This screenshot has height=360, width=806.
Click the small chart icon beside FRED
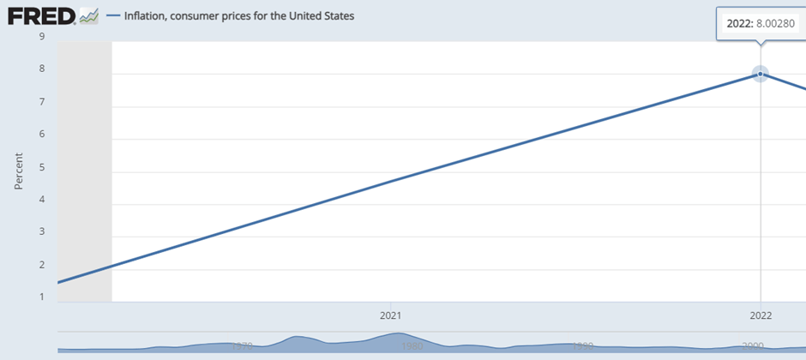pyautogui.click(x=88, y=15)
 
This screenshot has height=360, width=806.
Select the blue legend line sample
pyautogui.click(x=113, y=15)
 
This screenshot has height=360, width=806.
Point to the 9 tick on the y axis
pyautogui.click(x=41, y=37)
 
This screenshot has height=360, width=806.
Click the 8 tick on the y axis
pyautogui.click(x=41, y=69)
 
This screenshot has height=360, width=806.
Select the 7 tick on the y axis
pyautogui.click(x=41, y=102)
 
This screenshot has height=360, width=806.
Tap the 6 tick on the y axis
pyautogui.click(x=41, y=135)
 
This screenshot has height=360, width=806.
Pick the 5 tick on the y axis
pyautogui.click(x=41, y=167)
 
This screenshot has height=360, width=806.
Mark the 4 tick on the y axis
pyautogui.click(x=41, y=200)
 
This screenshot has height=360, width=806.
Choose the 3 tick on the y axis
pyautogui.click(x=41, y=232)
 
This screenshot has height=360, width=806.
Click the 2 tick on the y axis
pyautogui.click(x=41, y=265)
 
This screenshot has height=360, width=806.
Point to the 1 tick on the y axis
pyautogui.click(x=41, y=297)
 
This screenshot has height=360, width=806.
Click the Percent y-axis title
pyautogui.click(x=19, y=171)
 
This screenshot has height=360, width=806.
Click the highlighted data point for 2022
pyautogui.click(x=761, y=74)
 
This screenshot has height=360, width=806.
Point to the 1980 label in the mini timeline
pyautogui.click(x=412, y=345)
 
